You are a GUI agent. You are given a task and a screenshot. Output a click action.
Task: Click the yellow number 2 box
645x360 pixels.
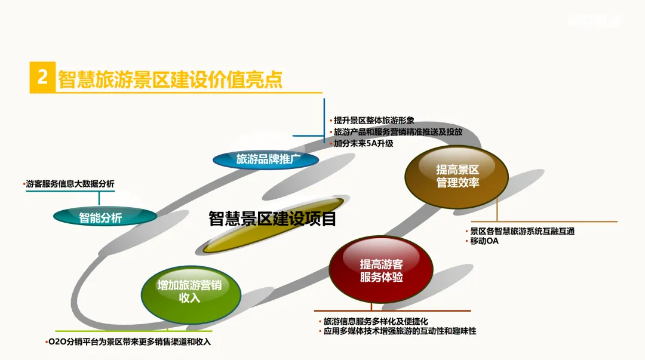pos(42,78)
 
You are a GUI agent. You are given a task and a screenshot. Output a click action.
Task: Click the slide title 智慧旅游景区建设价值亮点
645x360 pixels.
pos(170,79)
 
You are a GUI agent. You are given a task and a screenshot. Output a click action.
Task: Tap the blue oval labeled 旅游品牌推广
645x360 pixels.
pos(266,159)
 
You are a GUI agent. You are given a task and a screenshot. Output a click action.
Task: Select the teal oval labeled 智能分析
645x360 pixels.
pos(100,217)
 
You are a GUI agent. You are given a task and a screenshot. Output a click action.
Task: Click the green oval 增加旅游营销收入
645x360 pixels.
pos(190,291)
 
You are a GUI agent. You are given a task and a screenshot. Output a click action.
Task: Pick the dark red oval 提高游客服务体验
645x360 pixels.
pos(381,270)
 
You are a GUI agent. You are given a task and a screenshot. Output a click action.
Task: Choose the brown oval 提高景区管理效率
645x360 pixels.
pos(457,177)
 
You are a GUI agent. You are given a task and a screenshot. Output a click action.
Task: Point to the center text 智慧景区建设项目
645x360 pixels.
pos(273,219)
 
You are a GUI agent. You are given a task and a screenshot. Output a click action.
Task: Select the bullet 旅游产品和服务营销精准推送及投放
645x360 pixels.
pos(398,132)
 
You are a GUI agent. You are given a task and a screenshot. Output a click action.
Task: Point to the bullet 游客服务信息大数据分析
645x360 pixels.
pos(70,184)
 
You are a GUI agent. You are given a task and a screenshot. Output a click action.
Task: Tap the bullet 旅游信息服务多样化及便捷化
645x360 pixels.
pos(375,321)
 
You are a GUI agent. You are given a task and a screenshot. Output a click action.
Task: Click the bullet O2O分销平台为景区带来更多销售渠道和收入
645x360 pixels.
pos(130,342)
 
